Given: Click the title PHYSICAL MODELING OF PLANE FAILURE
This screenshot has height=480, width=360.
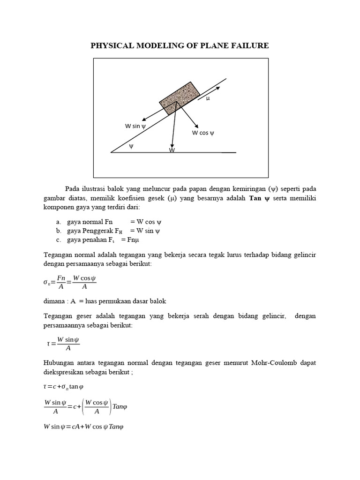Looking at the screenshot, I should coord(180,45).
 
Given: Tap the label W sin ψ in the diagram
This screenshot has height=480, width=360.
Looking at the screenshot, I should coord(135,126).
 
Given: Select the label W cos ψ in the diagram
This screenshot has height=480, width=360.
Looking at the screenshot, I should coord(202,133).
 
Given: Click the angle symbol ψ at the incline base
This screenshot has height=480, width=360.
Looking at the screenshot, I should coord(131,146).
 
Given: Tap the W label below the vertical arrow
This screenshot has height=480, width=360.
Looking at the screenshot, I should coord(172,150).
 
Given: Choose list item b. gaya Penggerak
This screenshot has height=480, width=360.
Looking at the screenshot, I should coord(108,231).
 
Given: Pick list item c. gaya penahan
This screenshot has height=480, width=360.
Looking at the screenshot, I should coord(98,240).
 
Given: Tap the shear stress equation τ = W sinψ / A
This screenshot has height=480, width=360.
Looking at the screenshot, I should coord(63,344).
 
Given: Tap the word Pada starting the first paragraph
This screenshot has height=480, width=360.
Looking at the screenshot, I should coord(73,188).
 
